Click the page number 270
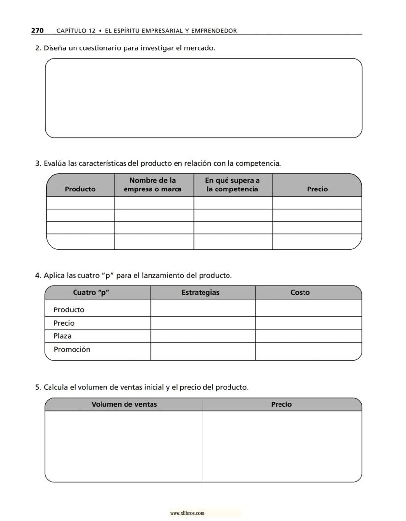point(37,30)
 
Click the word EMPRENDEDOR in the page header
point(214,31)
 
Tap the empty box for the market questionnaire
point(203,98)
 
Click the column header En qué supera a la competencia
point(232,185)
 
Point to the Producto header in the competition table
point(80,189)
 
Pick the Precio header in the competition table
point(317,189)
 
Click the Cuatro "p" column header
point(91,292)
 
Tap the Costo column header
point(300,292)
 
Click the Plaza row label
point(62,336)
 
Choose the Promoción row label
point(72,349)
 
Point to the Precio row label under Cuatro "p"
point(64,323)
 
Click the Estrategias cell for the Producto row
point(203,308)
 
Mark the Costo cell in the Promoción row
point(308,352)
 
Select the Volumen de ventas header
point(125,404)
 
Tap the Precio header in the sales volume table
point(281,404)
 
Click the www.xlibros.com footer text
point(187,513)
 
